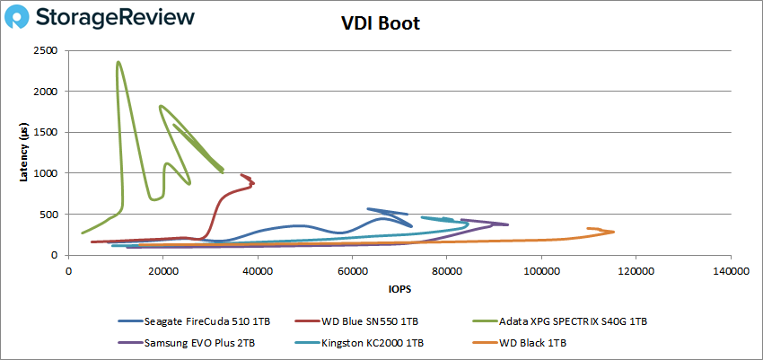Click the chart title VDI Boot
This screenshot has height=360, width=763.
point(381,23)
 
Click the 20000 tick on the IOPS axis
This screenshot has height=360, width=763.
point(162,269)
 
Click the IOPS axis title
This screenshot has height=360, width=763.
point(398,290)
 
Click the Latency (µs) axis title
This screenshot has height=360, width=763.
point(24,153)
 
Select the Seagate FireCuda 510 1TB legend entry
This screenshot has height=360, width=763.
point(197,320)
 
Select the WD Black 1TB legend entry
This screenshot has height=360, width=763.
point(531,341)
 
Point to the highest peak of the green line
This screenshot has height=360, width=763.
point(118,62)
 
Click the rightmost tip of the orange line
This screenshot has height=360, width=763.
point(614,233)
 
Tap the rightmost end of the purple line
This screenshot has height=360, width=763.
point(508,224)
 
